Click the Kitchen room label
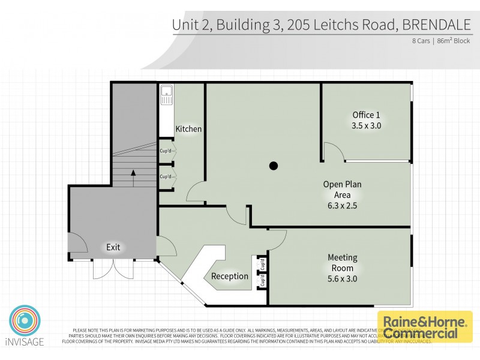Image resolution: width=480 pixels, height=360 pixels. click(x=188, y=129)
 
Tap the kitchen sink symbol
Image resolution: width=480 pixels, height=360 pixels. click(x=166, y=95)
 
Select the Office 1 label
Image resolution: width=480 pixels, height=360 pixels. click(x=366, y=115)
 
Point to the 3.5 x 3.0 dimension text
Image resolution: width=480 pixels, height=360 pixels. click(x=366, y=126)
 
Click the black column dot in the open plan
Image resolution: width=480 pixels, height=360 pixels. click(x=274, y=166)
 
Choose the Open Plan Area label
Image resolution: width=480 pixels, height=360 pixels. click(x=342, y=190)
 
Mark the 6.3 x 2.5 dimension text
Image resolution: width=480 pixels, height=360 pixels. click(x=342, y=206)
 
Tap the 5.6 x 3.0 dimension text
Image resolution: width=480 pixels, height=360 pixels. click(x=342, y=279)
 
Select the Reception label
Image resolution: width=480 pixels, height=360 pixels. click(x=230, y=277)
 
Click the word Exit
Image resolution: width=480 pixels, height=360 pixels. click(x=113, y=247)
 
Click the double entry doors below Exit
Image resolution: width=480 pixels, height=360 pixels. click(x=113, y=269)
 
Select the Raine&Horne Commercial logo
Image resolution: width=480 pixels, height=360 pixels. click(x=424, y=326)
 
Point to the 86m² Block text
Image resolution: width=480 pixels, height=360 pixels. click(x=453, y=41)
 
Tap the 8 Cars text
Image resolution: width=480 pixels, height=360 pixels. click(x=421, y=41)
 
